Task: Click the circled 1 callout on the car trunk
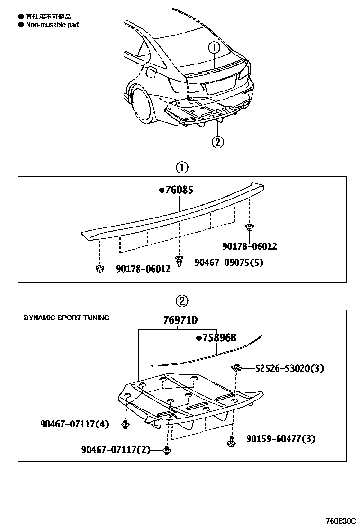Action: coord(214,48)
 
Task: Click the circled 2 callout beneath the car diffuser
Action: coord(217,142)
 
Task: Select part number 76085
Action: coord(179,191)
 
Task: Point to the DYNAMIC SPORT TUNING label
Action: coord(66,318)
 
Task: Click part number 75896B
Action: coord(216,338)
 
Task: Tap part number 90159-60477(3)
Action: coord(280,439)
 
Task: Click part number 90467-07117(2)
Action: coord(116,449)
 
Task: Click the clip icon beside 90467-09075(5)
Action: coord(180,261)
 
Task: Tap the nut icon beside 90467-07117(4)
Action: coord(126,425)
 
